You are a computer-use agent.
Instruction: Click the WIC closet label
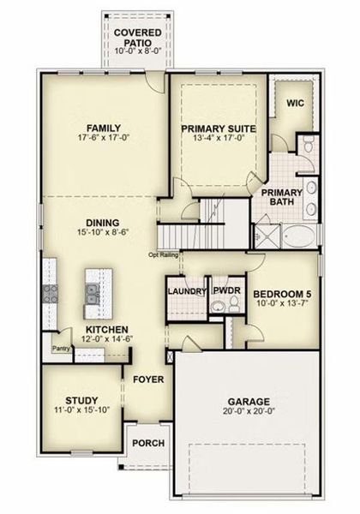click(x=295, y=103)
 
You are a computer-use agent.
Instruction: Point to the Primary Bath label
click(x=282, y=198)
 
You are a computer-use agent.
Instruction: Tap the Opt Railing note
click(x=163, y=254)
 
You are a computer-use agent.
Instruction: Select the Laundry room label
click(x=188, y=291)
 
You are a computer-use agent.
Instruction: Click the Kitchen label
click(x=106, y=328)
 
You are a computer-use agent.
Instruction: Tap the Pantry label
click(x=59, y=349)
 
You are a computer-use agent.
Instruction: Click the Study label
click(x=81, y=400)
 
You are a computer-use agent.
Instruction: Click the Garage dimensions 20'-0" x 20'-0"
click(x=248, y=412)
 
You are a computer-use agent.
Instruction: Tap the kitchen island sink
click(x=93, y=296)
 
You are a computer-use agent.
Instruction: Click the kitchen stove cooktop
click(x=48, y=296)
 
